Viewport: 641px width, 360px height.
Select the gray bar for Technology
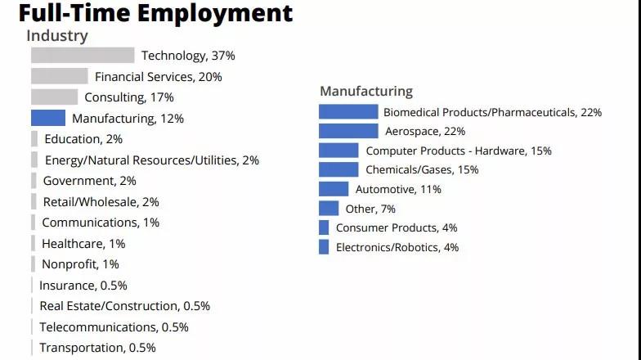[x=83, y=56]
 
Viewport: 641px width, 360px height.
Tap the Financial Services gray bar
[x=59, y=76]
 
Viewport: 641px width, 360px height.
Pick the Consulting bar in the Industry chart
[x=54, y=97]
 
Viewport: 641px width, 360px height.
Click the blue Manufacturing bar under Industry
[x=48, y=118]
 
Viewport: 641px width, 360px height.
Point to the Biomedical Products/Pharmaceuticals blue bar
[x=348, y=112]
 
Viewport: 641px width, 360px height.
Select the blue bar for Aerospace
[x=348, y=131]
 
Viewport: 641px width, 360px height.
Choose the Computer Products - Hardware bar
[x=338, y=151]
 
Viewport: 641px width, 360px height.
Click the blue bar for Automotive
[x=334, y=189]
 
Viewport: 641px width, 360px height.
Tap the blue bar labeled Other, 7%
[x=329, y=209]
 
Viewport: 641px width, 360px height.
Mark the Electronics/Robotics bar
[x=324, y=247]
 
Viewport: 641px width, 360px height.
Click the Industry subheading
[x=57, y=36]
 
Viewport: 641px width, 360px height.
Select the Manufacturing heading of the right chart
[x=366, y=91]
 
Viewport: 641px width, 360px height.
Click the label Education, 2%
[x=83, y=139]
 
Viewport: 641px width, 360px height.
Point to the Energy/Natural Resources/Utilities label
[x=152, y=160]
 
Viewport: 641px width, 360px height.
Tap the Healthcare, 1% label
[x=83, y=243]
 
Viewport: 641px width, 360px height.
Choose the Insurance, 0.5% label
[x=83, y=286]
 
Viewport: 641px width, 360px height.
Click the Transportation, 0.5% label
[x=97, y=348]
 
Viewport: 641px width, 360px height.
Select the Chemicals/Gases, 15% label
[x=422, y=170]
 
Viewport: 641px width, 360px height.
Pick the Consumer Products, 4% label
[x=397, y=227]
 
